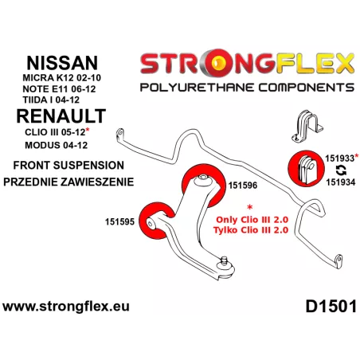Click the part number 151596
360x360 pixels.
coord(243,186)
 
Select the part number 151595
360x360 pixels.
coord(119,221)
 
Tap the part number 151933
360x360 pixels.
coord(339,158)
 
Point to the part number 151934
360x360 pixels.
coord(341,182)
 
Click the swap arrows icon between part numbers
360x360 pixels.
coord(341,170)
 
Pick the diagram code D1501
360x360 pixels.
coord(331,307)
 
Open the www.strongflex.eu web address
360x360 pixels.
coord(66,307)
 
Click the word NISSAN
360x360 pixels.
coord(62,63)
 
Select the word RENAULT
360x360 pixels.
coord(61,116)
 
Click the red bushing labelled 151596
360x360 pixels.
coord(203,184)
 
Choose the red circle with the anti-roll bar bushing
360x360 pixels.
coord(306,169)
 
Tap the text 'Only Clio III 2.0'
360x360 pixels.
coord(252,220)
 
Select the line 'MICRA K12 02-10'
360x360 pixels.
coord(61,78)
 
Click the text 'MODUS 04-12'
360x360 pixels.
coord(56,145)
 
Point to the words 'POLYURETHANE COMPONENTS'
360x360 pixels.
coord(247,88)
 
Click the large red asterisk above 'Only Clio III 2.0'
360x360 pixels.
coord(249,207)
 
